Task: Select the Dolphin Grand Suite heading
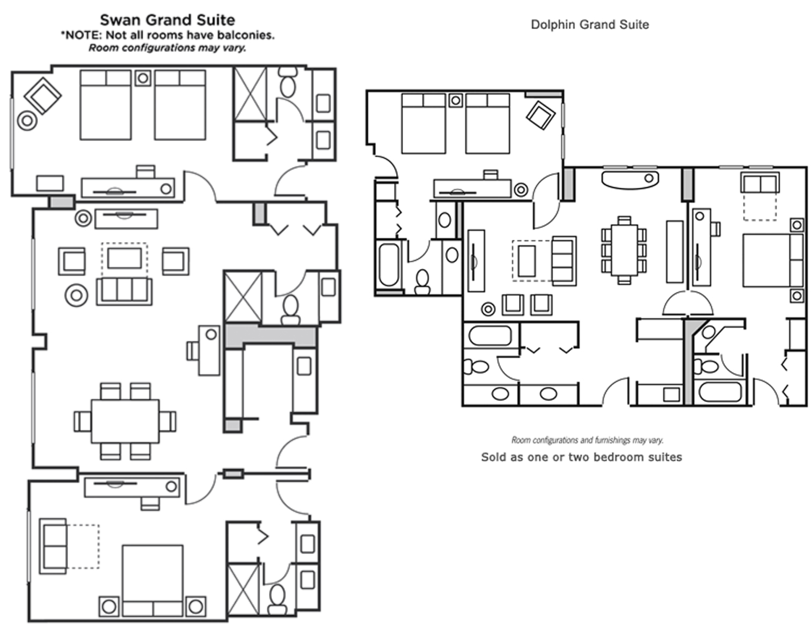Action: [x=589, y=25]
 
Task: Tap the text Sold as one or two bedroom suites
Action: [x=581, y=457]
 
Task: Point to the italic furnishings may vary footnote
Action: [x=587, y=440]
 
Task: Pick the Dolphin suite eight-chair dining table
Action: [x=624, y=250]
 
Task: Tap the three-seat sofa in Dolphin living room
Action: [x=564, y=260]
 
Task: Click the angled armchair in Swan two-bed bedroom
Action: [x=42, y=95]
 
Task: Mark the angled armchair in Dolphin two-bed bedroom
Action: [x=540, y=115]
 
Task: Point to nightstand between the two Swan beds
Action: [x=143, y=78]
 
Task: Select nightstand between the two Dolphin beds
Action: [x=456, y=100]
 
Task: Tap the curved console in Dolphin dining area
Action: [x=630, y=179]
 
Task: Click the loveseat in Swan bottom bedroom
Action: [x=54, y=546]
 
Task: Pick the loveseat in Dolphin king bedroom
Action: [x=759, y=183]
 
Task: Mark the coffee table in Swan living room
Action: [x=125, y=259]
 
